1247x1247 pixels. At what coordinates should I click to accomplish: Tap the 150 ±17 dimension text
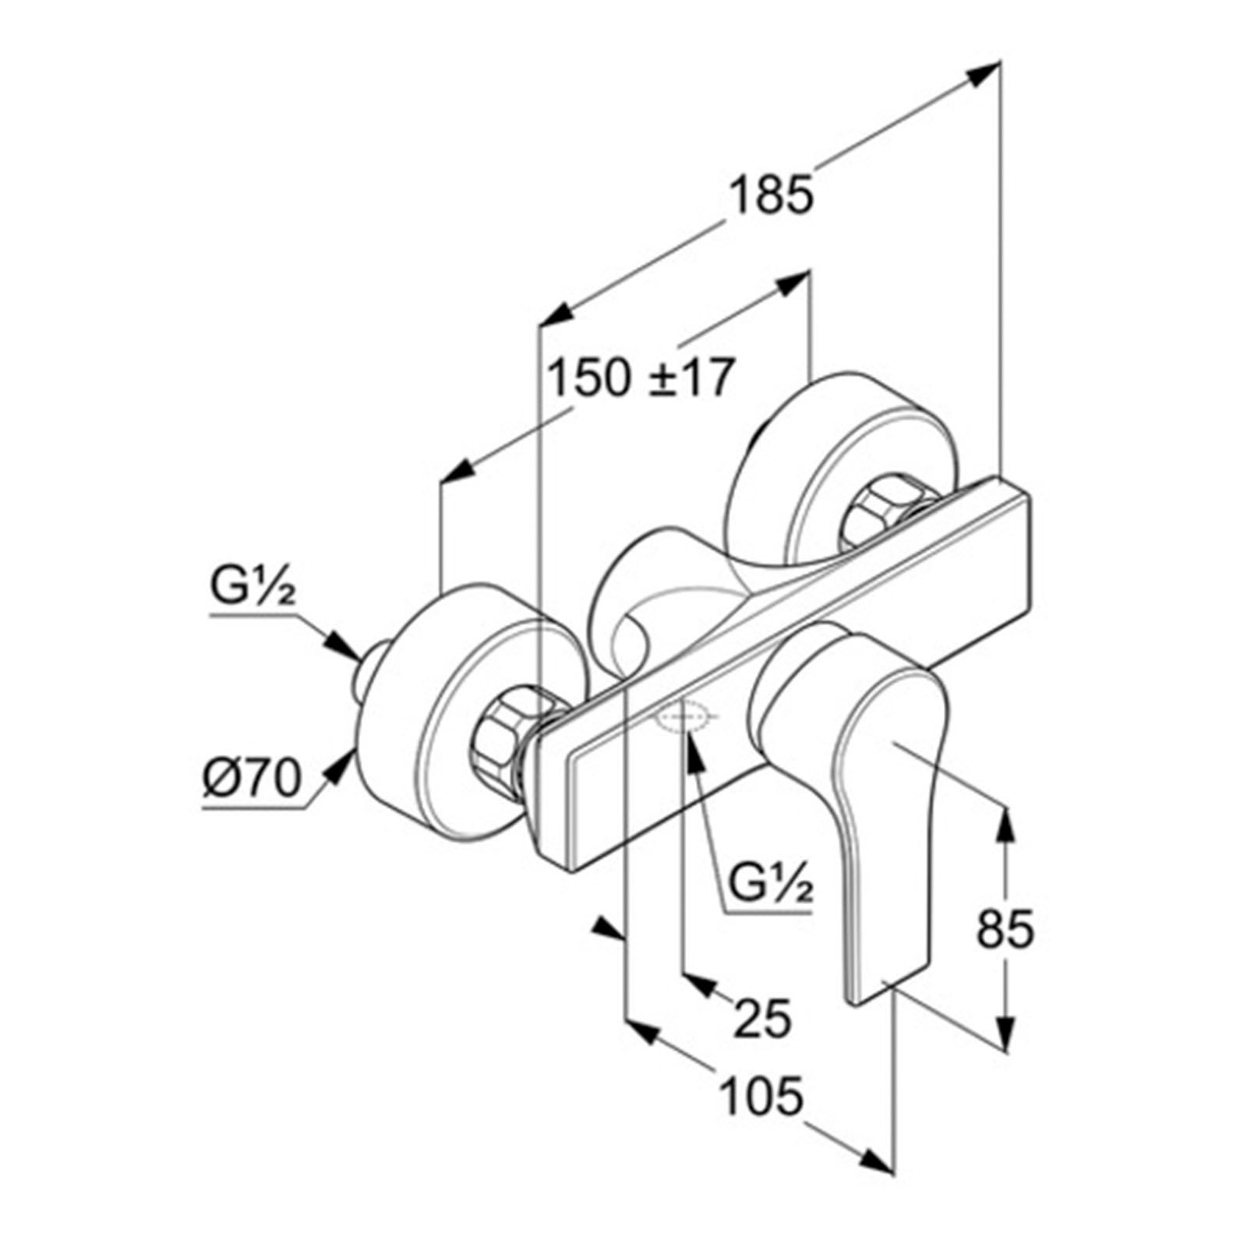pyautogui.click(x=640, y=378)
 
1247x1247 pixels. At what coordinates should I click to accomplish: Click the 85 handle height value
pyautogui.click(x=1005, y=927)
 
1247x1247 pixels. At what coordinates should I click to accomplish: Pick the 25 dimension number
pyautogui.click(x=763, y=1018)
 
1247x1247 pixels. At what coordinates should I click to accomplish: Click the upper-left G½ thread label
pyautogui.click(x=253, y=590)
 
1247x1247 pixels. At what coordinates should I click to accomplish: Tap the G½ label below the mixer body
pyautogui.click(x=771, y=885)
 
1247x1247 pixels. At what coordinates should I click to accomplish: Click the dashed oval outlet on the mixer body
pyautogui.click(x=687, y=715)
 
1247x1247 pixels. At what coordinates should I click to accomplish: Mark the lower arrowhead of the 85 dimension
pyautogui.click(x=1007, y=1029)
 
